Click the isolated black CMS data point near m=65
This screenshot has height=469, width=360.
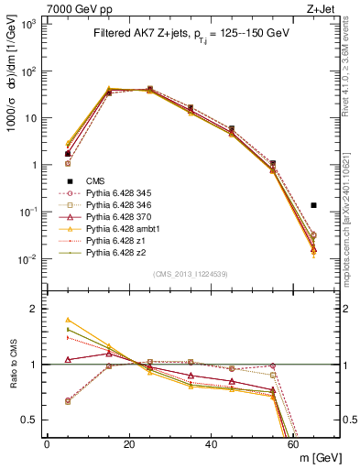tap(314, 205)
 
